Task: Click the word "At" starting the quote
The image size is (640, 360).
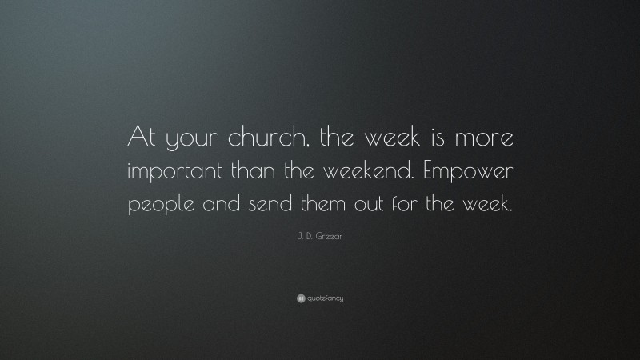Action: coord(142,141)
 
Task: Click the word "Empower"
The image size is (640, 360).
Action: coord(471,174)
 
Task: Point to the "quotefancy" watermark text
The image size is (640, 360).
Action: coord(326,298)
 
